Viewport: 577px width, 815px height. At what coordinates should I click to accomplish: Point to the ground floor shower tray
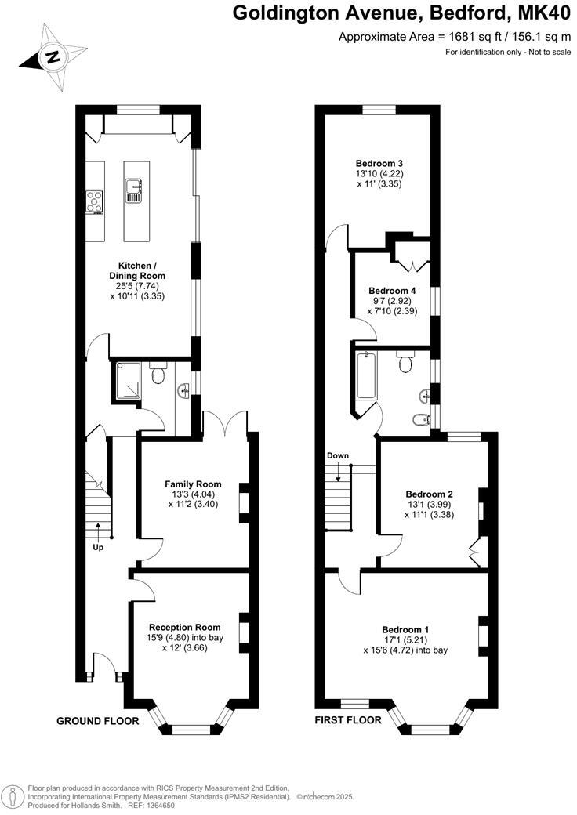[127, 380]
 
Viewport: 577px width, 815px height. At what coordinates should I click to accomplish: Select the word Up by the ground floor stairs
[98, 546]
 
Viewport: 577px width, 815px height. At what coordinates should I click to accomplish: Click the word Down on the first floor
[338, 455]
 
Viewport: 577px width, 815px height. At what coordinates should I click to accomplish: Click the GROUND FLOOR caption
[98, 720]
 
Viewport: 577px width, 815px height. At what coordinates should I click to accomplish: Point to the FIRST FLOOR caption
[348, 719]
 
